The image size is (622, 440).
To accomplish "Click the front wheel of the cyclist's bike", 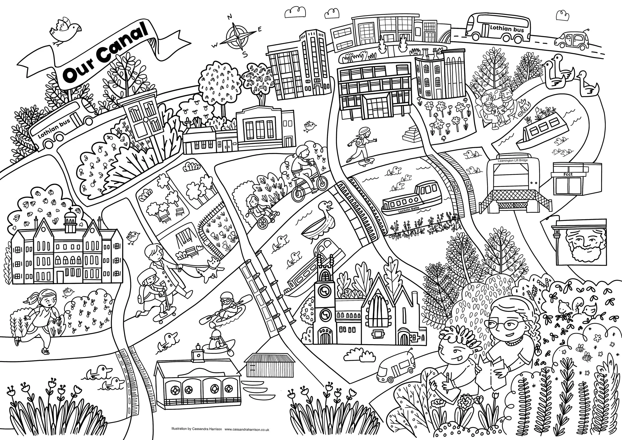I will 321,182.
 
